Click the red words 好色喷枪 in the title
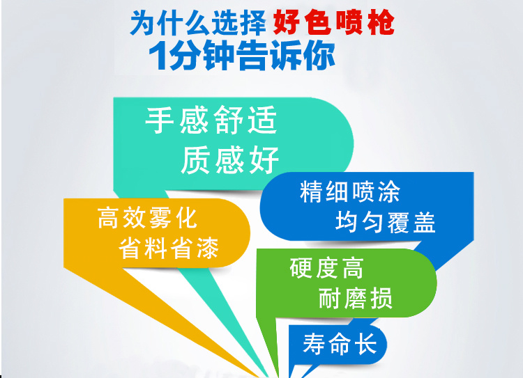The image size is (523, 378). click(x=333, y=22)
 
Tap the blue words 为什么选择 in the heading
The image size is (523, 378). click(x=199, y=23)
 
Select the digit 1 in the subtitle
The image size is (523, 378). click(x=158, y=55)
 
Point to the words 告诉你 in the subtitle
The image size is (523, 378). click(x=287, y=55)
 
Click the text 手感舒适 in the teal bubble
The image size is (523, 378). click(x=211, y=120)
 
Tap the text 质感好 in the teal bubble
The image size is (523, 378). click(x=230, y=160)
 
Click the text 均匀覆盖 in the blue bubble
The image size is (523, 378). click(x=386, y=222)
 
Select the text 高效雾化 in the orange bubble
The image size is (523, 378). click(x=147, y=218)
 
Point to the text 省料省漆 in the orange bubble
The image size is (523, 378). click(x=169, y=248)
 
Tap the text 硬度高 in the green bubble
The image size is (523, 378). click(x=326, y=268)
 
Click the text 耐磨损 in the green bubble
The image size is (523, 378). click(x=356, y=298)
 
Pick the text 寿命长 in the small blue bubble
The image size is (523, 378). click(x=340, y=344)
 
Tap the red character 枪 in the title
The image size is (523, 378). click(x=381, y=22)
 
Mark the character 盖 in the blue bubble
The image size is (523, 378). click(x=425, y=222)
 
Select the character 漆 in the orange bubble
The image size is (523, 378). click(x=208, y=248)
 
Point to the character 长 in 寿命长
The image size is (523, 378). click(x=366, y=344)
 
